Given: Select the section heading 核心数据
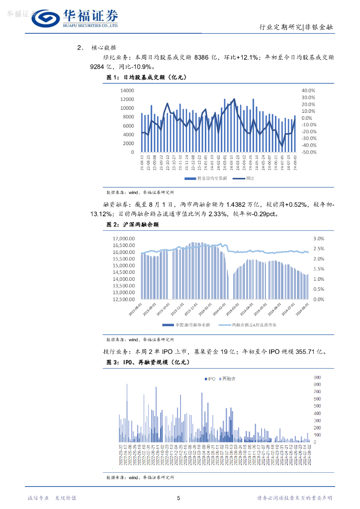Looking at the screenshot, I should pos(104,48).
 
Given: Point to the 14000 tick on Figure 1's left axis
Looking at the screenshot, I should pos(127,90).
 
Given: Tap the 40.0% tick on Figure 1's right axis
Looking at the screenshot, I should pos(309,90).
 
